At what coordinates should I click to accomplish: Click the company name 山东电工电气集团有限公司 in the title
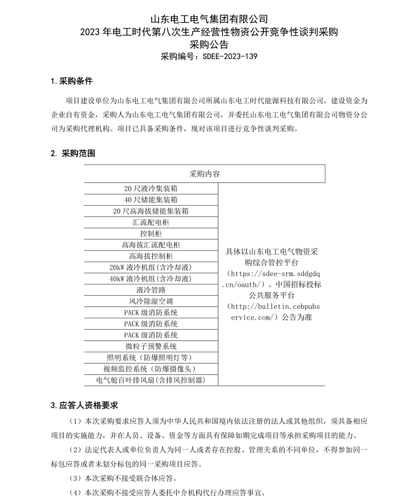[x=208, y=20]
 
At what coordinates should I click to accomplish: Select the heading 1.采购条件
[x=71, y=80]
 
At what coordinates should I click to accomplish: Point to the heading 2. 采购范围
[x=72, y=153]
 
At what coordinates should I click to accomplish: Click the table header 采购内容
[x=205, y=173]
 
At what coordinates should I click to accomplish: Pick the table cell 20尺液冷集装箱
[x=151, y=188]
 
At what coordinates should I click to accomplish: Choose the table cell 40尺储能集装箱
[x=151, y=200]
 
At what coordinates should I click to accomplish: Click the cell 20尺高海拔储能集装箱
[x=151, y=211]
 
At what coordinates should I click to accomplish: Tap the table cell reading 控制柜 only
[x=151, y=234]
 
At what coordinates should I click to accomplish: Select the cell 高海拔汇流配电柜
[x=151, y=245]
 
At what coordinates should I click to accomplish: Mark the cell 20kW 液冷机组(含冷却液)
[x=151, y=268]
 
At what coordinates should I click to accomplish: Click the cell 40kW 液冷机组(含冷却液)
[x=151, y=279]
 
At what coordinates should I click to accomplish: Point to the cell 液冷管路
[x=151, y=290]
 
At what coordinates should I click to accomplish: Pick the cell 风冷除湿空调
[x=151, y=302]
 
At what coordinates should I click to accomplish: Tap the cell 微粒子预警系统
[x=151, y=346]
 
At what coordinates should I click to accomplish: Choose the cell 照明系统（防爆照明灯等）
[x=151, y=358]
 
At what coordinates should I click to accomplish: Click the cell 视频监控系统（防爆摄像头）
[x=151, y=369]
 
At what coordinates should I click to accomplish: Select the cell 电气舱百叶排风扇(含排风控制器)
[x=151, y=380]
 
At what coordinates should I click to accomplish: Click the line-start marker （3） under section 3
[x=76, y=478]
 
